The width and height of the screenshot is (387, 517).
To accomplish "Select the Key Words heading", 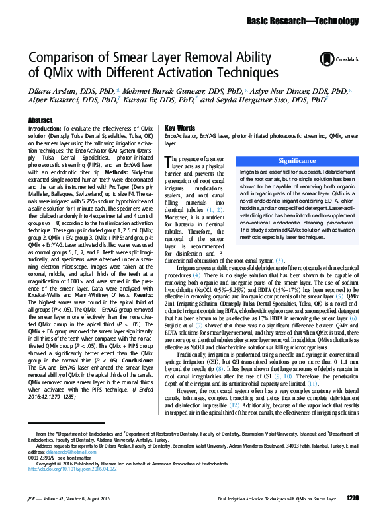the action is point(161,127).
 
